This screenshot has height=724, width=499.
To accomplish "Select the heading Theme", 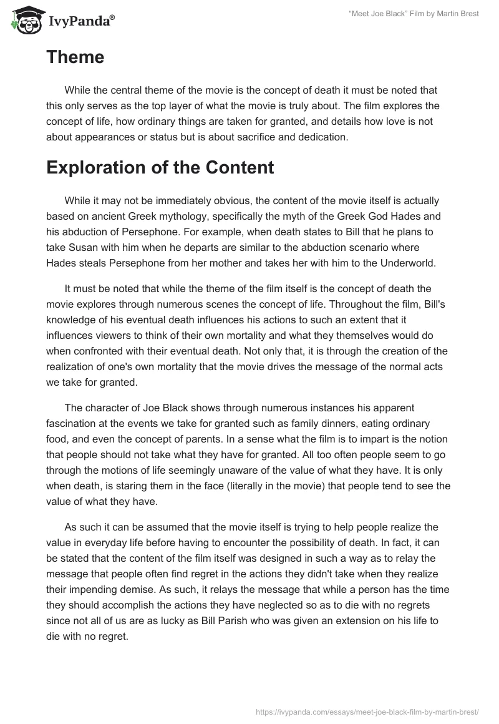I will [x=75, y=57].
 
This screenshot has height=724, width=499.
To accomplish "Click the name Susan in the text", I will [x=90, y=247].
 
